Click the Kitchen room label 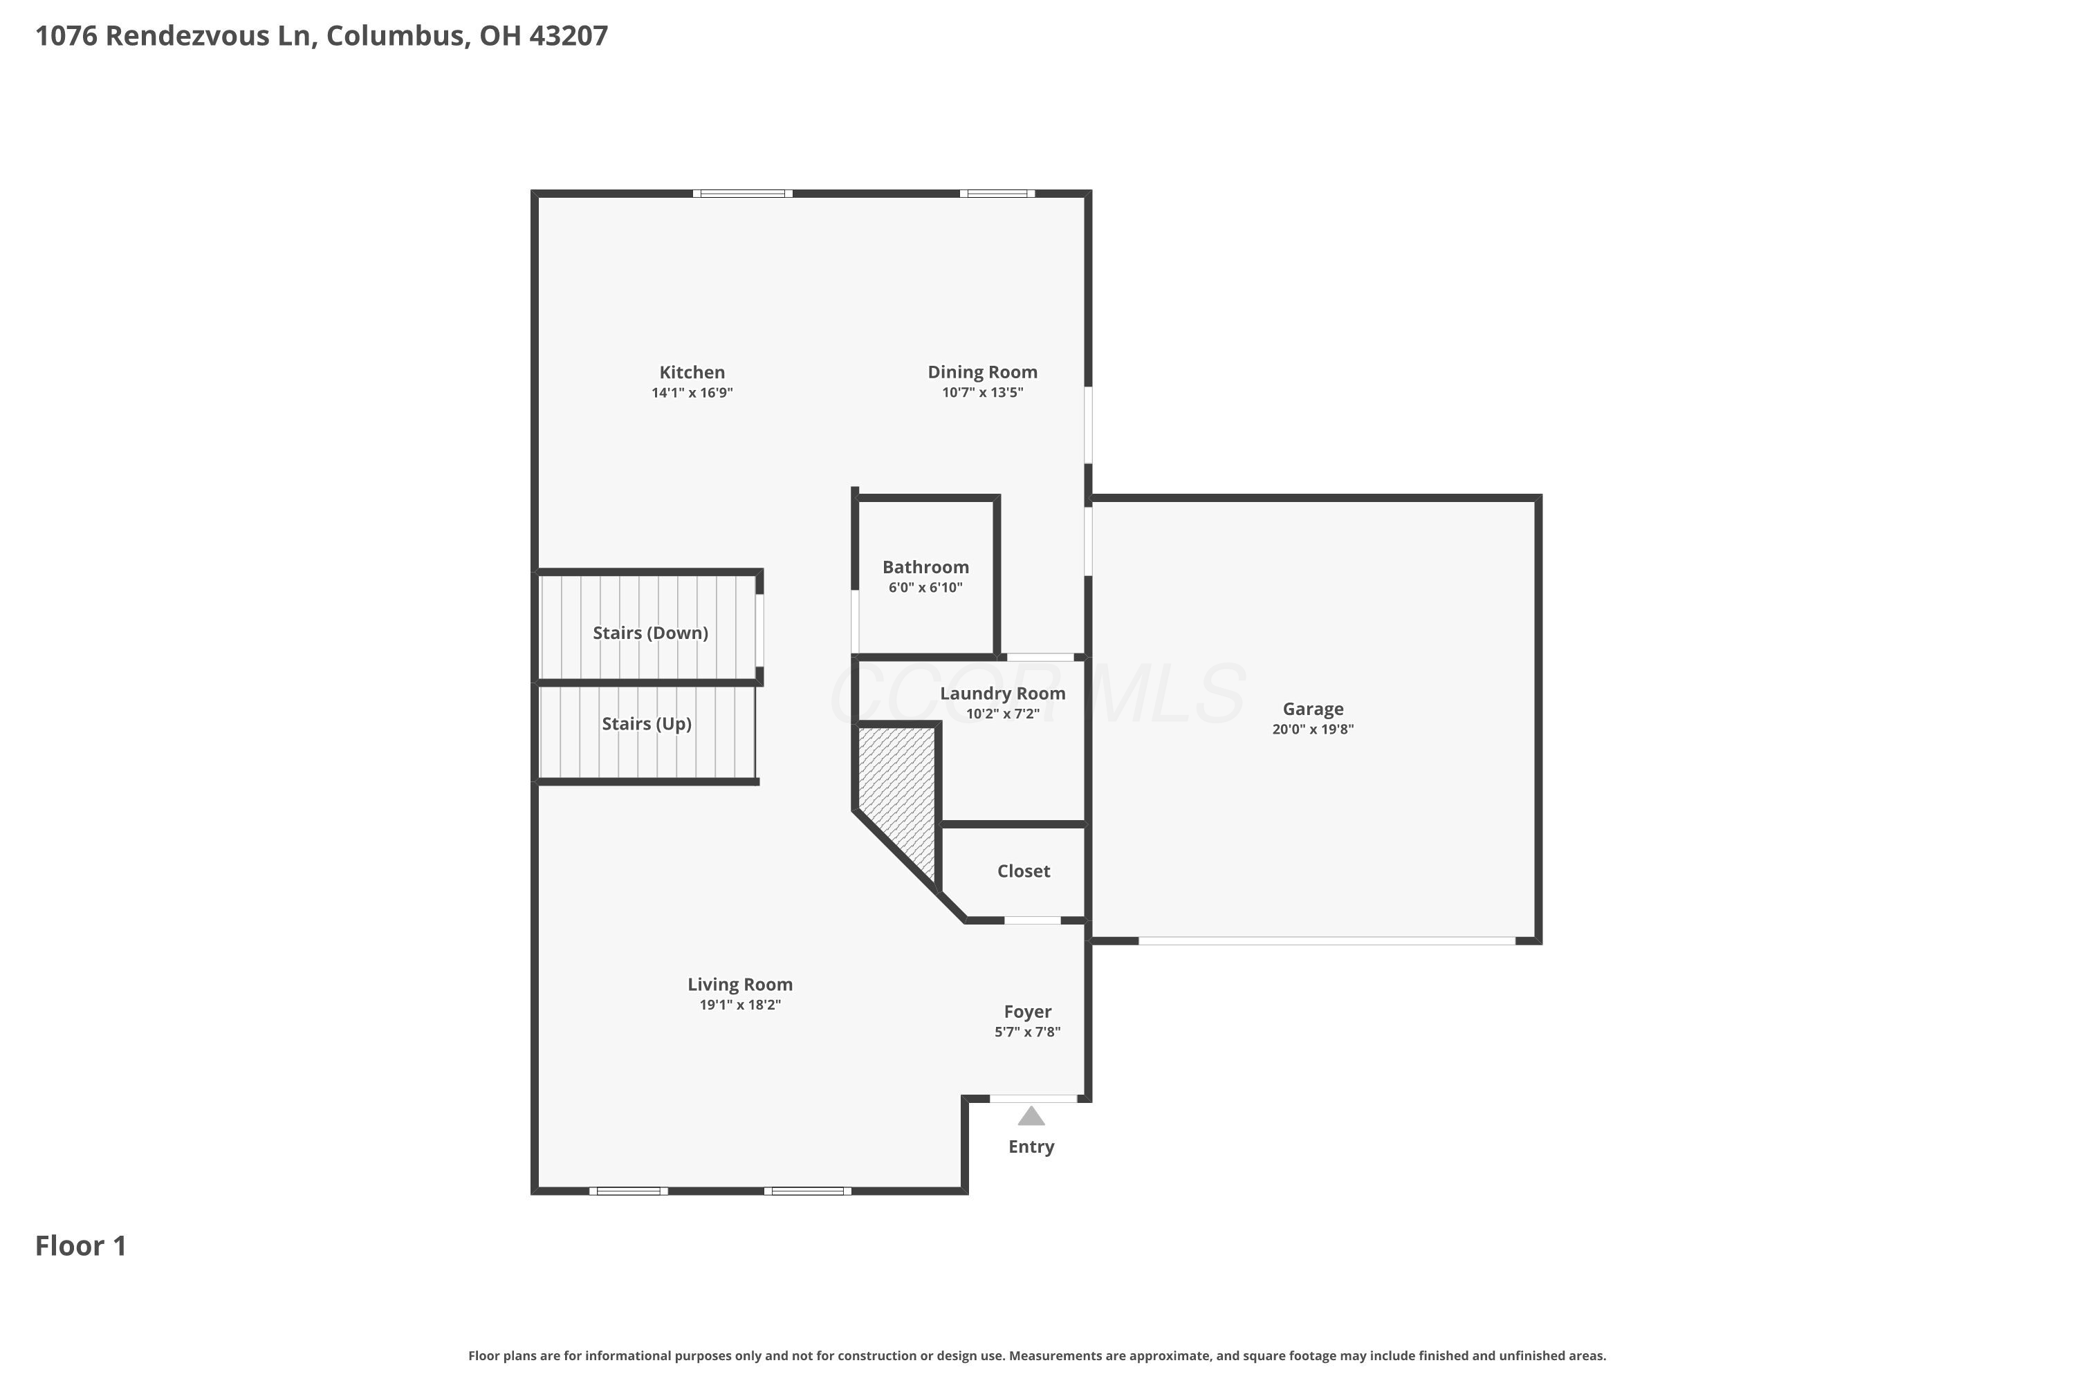(x=692, y=372)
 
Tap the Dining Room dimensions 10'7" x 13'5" (x=982, y=393)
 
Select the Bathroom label (x=925, y=567)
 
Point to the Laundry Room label (x=1002, y=694)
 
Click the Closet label (x=1024, y=871)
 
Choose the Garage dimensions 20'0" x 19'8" (x=1312, y=730)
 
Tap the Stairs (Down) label (x=650, y=633)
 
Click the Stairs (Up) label (x=646, y=723)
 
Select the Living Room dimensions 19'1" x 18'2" (x=739, y=1005)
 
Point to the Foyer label (x=1027, y=1012)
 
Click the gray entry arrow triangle (x=1031, y=1117)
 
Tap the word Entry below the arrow (x=1031, y=1147)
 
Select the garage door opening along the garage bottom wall (x=1326, y=941)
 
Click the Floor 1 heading (x=80, y=1245)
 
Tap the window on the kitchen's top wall (x=742, y=193)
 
